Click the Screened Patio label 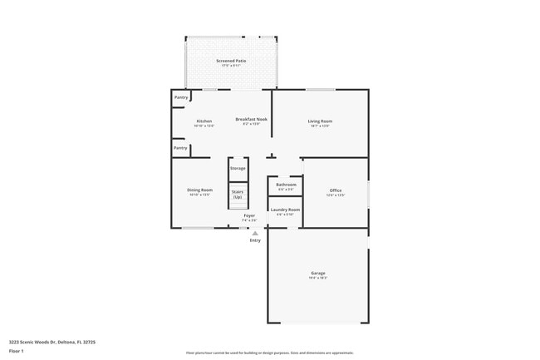coord(231,61)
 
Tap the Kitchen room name coord(204,121)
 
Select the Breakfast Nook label coord(251,120)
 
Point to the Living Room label coord(320,121)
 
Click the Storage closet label coord(238,169)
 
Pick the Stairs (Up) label coord(238,194)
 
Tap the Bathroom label coord(286,185)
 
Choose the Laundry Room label coord(285,210)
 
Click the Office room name coord(335,190)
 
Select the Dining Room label coord(199,190)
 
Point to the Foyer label coord(249,216)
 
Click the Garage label coord(318,273)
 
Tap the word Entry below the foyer coord(255,240)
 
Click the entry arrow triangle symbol coord(255,233)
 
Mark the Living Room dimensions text coord(320,126)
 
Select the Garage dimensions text coord(318,278)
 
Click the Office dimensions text coord(335,195)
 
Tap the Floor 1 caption coord(17,351)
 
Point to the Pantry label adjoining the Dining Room coord(180,148)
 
